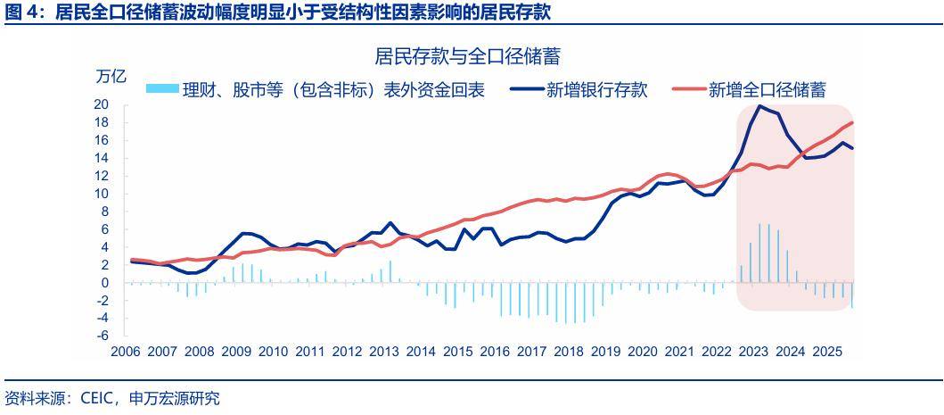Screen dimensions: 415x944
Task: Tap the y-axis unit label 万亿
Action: click(111, 77)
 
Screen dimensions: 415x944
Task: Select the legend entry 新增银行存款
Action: click(596, 89)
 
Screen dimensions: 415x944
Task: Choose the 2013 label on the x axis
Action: click(383, 352)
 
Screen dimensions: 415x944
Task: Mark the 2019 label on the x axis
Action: click(604, 352)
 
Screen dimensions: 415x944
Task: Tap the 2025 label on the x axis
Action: click(825, 352)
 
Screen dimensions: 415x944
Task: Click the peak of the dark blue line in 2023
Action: click(759, 106)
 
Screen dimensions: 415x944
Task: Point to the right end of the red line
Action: click(852, 122)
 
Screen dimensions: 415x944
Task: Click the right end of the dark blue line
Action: click(852, 148)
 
